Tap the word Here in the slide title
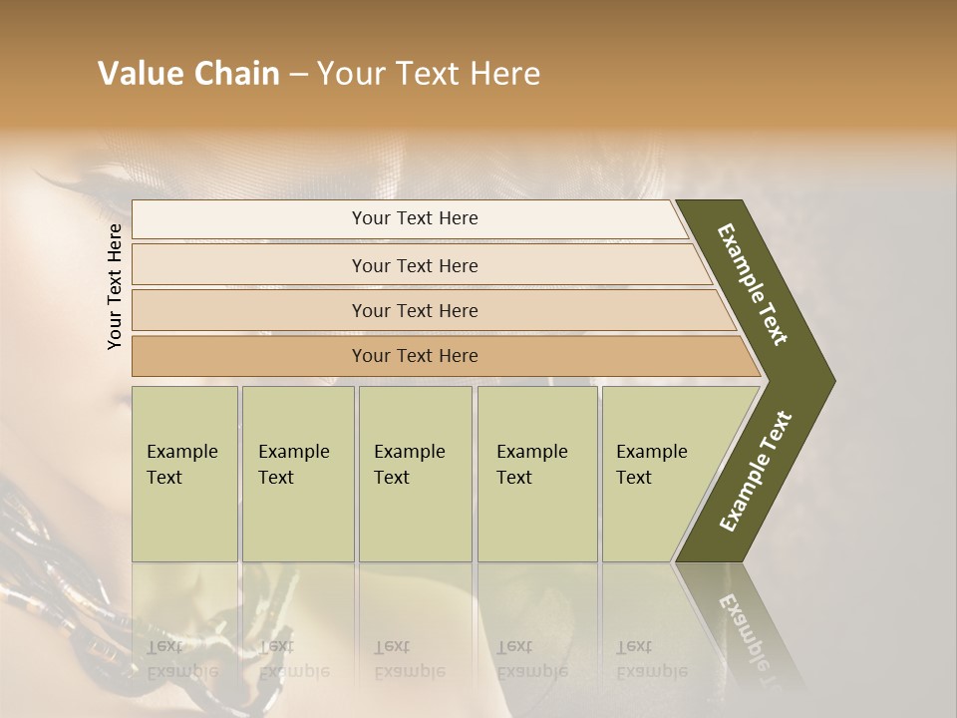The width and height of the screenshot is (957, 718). coord(504,74)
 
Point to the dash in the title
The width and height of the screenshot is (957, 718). coord(298,75)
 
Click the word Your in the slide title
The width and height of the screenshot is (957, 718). coord(348,74)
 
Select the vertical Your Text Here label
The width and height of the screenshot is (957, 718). coord(115,286)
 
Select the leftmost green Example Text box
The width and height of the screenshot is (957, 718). coord(184,474)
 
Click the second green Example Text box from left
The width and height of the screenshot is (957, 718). coord(297,474)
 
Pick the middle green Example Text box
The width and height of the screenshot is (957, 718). coord(415,474)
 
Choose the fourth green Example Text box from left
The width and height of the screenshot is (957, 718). coord(537,474)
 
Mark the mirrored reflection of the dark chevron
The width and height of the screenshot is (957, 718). coord(743,628)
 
